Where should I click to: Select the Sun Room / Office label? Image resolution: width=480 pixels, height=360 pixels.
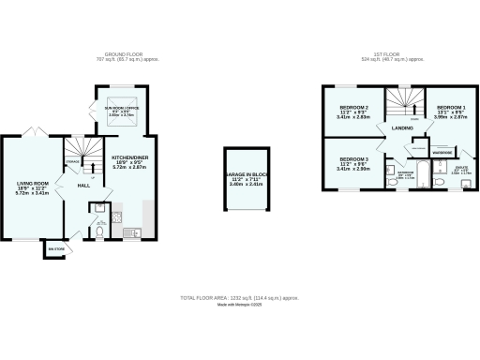tap(121, 115)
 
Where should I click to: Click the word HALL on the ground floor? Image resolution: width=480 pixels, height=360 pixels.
tap(82, 186)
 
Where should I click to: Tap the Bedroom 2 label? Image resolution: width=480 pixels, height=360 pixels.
tap(352, 113)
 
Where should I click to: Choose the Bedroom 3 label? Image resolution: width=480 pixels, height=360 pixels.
tap(352, 164)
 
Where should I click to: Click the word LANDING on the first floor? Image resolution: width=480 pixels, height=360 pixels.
tap(401, 127)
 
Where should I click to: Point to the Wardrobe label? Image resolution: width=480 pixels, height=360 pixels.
tap(442, 151)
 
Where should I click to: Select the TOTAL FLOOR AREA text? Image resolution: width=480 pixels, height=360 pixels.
tap(239, 297)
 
